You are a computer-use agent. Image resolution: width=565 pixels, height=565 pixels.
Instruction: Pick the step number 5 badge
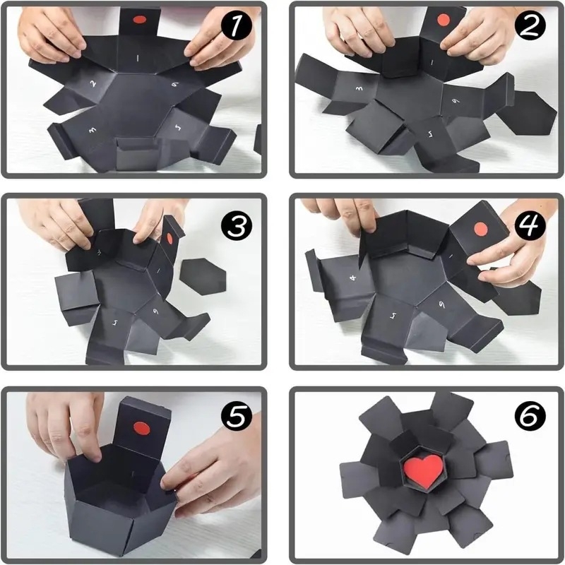pyautogui.click(x=238, y=417)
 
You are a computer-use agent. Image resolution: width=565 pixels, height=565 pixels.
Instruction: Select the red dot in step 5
pyautogui.click(x=140, y=427)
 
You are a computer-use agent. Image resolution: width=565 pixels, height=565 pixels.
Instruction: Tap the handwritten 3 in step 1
pyautogui.click(x=92, y=131)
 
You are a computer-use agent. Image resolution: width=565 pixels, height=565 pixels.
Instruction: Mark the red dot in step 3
pyautogui.click(x=170, y=231)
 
